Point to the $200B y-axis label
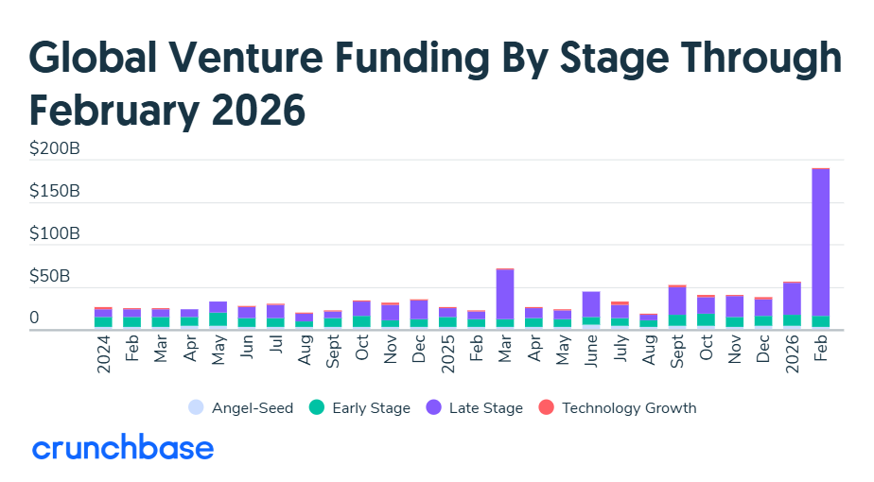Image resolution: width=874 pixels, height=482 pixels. (55, 148)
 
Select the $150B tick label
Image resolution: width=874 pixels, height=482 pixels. (55, 191)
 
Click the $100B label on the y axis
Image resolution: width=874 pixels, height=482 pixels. (55, 233)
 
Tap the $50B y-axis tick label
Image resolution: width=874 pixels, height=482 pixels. (55, 276)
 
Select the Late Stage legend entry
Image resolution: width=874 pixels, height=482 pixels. (476, 408)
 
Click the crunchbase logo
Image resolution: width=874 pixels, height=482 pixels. (123, 448)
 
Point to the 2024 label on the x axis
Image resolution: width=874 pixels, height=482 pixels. (103, 354)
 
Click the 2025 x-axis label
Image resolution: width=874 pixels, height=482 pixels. (448, 354)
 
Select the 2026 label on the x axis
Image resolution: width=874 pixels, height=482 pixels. (793, 354)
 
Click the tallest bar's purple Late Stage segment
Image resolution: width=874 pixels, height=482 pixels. (821, 241)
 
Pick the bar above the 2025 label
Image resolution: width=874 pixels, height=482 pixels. (448, 318)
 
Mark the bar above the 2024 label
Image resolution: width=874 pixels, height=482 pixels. (103, 318)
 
